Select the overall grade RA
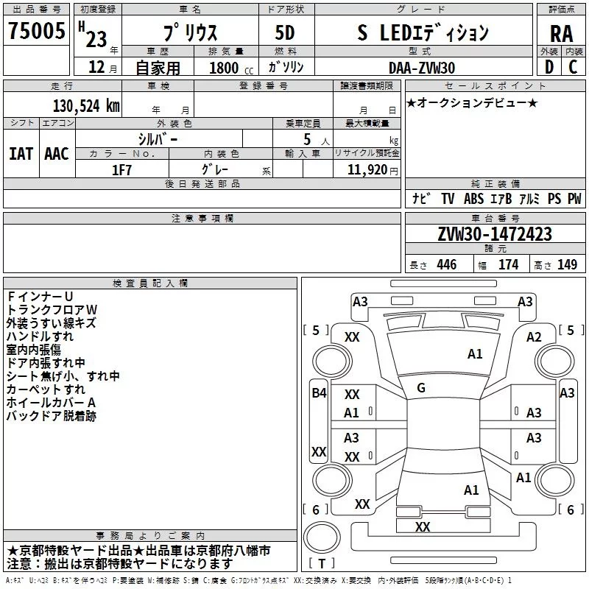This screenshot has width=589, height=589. coord(561,33)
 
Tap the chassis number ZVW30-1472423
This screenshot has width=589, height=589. coord(494,234)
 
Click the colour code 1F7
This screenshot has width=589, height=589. coord(121,169)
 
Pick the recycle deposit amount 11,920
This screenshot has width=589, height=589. coord(367,169)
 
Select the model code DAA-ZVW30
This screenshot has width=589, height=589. coord(422,68)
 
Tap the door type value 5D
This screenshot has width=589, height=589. coord(284,33)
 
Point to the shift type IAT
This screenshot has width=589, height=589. coord(21,153)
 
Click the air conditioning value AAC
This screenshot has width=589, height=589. coord(56,153)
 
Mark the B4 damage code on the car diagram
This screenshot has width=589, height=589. coord(318,393)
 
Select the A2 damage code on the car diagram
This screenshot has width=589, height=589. coord(534,337)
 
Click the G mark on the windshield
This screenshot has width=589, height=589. coord(420,387)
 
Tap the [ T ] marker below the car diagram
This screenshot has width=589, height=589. coord(322,564)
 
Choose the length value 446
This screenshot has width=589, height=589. coord(446,265)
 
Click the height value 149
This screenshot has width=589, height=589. coord(567,265)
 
